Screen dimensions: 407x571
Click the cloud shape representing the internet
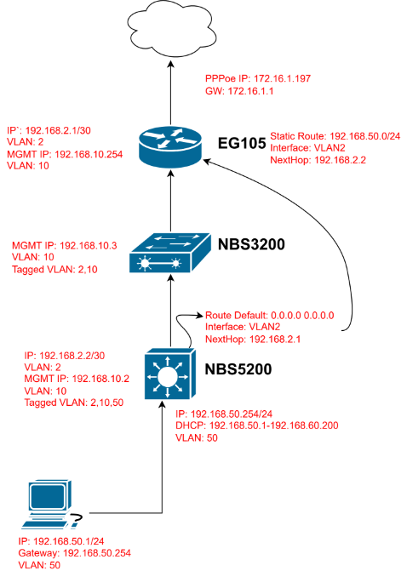click(x=171, y=29)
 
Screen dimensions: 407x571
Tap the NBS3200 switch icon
click(x=170, y=253)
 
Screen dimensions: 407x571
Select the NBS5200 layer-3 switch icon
click(x=170, y=374)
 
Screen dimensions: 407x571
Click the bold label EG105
click(x=242, y=144)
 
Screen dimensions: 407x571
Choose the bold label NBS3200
click(x=251, y=244)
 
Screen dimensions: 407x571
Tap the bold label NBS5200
click(x=238, y=369)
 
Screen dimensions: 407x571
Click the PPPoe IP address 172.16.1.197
click(x=282, y=78)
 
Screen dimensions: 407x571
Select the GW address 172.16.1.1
click(x=250, y=91)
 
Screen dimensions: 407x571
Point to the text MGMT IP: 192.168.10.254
click(x=65, y=154)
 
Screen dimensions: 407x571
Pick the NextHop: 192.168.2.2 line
click(x=318, y=160)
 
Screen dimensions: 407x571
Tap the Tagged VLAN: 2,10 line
click(x=54, y=270)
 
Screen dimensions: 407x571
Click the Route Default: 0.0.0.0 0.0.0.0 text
click(x=270, y=316)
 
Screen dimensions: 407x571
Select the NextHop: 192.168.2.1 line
click(x=253, y=340)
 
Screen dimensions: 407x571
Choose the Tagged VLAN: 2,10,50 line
click(x=74, y=403)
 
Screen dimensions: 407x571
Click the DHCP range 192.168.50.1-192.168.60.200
click(x=274, y=425)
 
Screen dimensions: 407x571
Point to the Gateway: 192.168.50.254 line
click(x=74, y=553)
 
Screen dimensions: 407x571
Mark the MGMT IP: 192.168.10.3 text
click(x=65, y=245)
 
